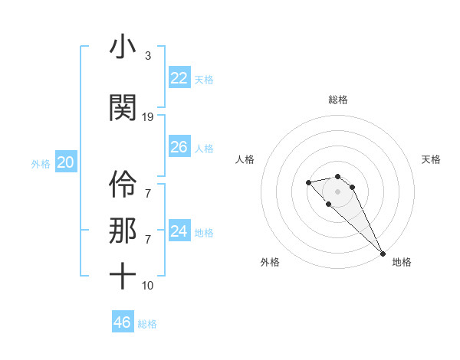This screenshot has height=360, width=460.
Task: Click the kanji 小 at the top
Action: click(123, 47)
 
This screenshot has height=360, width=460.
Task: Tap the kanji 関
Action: click(123, 108)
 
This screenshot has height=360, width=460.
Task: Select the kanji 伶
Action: click(123, 185)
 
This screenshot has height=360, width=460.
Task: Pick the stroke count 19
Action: click(148, 117)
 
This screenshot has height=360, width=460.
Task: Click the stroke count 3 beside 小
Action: click(148, 57)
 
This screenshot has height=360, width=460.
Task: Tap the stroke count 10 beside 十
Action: click(148, 286)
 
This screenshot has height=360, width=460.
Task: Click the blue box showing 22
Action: click(179, 78)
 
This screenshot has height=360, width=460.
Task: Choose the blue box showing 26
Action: click(179, 147)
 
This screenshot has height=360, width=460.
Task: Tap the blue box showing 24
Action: click(179, 231)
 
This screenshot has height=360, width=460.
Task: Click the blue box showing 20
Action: click(65, 162)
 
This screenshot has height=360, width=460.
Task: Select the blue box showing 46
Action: click(122, 322)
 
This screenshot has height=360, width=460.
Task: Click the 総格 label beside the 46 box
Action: click(147, 324)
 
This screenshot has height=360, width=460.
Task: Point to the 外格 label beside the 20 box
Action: click(40, 164)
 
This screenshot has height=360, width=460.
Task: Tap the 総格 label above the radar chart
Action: click(338, 100)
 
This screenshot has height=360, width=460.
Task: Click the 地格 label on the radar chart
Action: click(402, 263)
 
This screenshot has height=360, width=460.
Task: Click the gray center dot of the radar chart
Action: click(338, 191)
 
